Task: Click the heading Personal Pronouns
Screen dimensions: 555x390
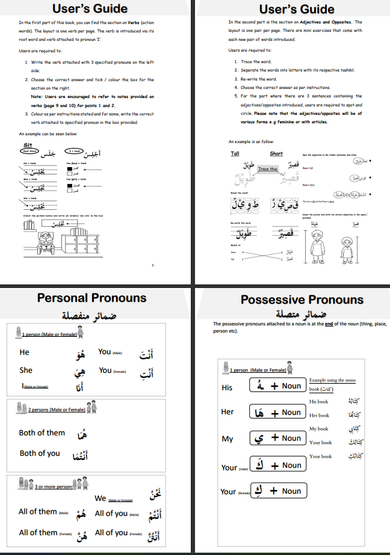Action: (91, 297)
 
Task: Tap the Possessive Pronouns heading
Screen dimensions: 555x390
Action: (293, 299)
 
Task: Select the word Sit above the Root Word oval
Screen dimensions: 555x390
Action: (27, 145)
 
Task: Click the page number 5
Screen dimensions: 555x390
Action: (153, 265)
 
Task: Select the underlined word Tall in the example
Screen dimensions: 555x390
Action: (235, 153)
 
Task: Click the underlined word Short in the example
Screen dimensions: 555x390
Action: (276, 153)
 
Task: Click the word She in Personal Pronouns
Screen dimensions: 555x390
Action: (26, 370)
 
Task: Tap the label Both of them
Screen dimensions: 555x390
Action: (42, 432)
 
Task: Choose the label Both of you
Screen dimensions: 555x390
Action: (40, 453)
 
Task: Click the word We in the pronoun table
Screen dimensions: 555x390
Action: (101, 498)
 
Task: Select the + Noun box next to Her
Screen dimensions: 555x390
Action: (277, 412)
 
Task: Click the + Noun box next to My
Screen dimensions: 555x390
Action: (277, 438)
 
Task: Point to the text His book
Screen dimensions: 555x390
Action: (318, 401)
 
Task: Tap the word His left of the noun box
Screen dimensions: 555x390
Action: (227, 388)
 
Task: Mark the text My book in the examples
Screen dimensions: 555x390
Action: (318, 429)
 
